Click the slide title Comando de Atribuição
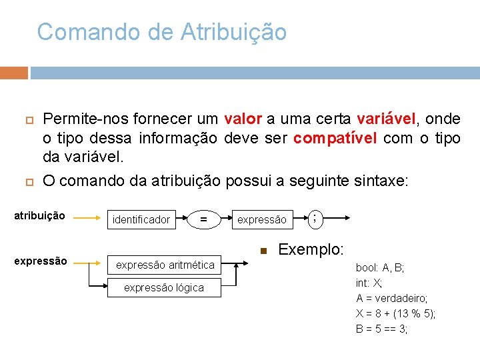coord(162,32)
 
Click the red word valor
coord(243,119)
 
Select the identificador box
coord(141,219)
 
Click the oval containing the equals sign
coord(203,219)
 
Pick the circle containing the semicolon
coord(314,217)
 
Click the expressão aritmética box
coord(165,265)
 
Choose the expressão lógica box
coord(165,287)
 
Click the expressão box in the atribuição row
coord(262,219)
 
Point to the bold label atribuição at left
coord(40,216)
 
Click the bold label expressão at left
coord(40,261)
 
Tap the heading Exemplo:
coord(311,250)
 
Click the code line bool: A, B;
coord(380,267)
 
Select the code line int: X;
coord(369,283)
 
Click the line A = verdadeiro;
coord(392,298)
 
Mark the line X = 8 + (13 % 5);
coord(396,313)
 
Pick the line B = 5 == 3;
coord(382,329)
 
